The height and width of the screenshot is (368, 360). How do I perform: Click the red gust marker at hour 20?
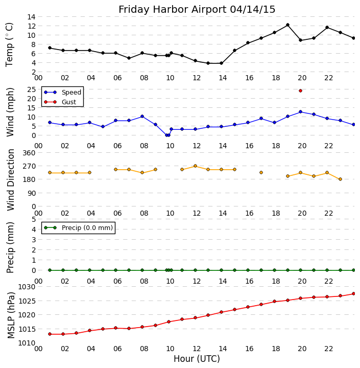300,90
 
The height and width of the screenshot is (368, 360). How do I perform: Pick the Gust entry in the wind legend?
68,102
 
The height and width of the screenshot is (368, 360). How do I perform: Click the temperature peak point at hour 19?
287,25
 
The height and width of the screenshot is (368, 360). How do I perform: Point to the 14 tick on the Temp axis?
31,17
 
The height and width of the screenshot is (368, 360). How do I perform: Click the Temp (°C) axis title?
10,44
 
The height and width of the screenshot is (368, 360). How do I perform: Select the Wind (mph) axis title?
10,111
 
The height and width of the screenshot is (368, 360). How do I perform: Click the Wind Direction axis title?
10,179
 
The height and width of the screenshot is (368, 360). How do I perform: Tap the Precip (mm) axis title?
10,245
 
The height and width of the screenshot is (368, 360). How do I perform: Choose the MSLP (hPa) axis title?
10,315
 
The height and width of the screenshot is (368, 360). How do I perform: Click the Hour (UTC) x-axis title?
197,359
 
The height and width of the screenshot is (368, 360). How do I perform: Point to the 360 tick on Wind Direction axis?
29,153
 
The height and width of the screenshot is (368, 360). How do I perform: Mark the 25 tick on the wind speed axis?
31,89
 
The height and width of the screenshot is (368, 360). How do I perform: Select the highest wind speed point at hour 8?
142,117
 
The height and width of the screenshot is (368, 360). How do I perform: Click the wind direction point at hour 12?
195,166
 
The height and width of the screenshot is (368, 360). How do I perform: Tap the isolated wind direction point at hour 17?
261,173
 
